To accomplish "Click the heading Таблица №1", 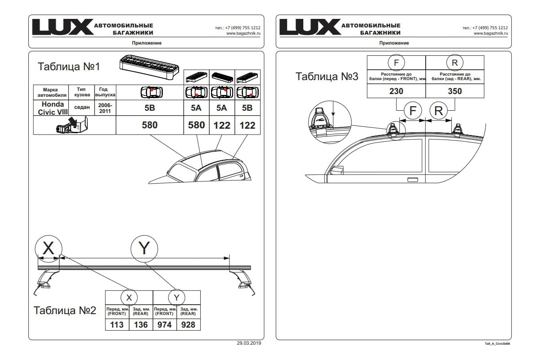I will [68, 67].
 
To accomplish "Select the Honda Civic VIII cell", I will [51, 108].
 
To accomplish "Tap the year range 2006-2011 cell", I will [104, 108].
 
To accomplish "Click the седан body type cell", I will [81, 108].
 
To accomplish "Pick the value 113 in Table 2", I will [117, 324].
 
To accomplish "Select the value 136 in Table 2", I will [141, 324].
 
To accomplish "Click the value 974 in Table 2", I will [165, 324].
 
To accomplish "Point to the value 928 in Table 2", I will [188, 324].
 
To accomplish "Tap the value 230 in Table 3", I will [396, 91].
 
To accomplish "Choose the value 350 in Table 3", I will [454, 91].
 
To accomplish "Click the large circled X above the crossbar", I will [48, 247].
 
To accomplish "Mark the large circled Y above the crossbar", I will [144, 247].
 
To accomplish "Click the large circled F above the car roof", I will [413, 111].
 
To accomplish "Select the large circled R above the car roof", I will [439, 111].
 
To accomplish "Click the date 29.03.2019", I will [249, 343].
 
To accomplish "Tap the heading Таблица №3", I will [327, 76].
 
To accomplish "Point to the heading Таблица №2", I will [65, 310].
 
